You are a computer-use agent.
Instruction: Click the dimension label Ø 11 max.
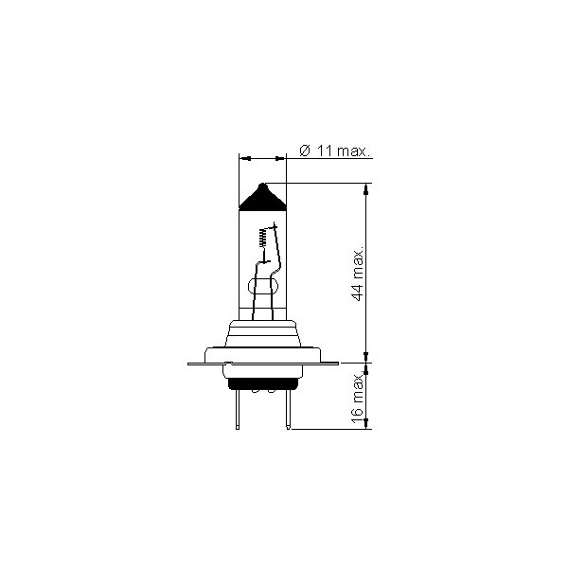click(x=335, y=151)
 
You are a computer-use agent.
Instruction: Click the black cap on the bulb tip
click(x=262, y=198)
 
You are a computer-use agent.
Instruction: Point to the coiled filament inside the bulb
click(x=263, y=238)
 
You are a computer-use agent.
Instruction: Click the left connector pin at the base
click(x=238, y=410)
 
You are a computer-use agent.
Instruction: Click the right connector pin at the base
click(x=288, y=410)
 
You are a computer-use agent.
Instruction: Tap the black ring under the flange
click(x=263, y=384)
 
